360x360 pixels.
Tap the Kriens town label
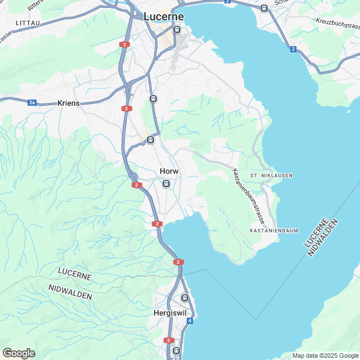coord(69,103)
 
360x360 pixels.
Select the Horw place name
coord(169,172)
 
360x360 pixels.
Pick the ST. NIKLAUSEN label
coord(272,175)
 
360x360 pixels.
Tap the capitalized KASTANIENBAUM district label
coord(273,231)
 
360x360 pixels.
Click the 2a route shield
coord(32,102)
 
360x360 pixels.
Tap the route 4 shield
coord(190,321)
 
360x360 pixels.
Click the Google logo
coord(19,353)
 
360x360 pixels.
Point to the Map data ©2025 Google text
coord(325,355)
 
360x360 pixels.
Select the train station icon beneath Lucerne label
coord(177,30)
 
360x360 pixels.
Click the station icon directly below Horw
coord(165,184)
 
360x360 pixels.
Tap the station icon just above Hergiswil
coord(184,298)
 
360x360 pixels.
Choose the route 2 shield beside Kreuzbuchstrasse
coord(293,49)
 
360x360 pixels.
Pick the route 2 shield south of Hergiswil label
coord(169,340)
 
